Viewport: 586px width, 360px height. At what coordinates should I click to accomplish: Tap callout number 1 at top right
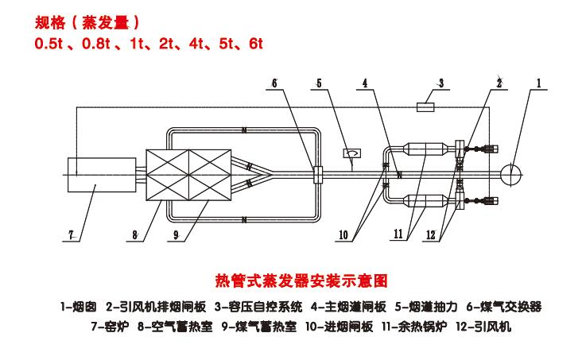click(x=538, y=83)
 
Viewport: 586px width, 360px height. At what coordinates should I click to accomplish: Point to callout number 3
click(x=440, y=82)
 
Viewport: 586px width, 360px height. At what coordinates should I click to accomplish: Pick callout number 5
click(x=319, y=83)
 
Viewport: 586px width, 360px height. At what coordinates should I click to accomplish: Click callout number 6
click(x=274, y=83)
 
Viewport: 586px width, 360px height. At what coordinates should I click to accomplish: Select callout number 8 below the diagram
click(x=135, y=234)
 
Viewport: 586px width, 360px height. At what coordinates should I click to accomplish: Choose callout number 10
click(x=343, y=234)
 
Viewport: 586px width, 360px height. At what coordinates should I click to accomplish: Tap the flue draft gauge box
click(x=351, y=151)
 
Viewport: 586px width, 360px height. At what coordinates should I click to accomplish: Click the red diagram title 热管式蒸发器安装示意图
click(x=302, y=281)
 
